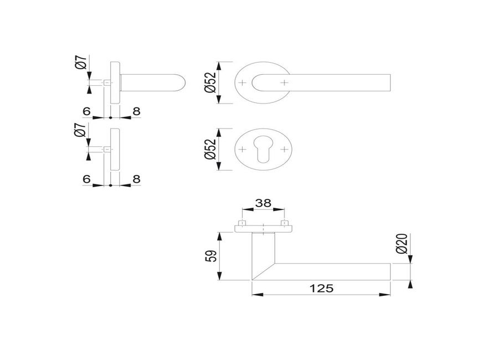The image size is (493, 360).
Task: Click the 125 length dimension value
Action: click(321, 288)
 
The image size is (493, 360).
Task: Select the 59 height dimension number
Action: click(210, 257)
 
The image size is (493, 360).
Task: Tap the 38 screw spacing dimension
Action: click(263, 204)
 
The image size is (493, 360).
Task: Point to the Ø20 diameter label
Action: click(403, 244)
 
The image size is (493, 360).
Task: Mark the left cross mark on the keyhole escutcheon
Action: click(242, 150)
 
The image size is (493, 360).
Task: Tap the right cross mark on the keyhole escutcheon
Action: click(284, 150)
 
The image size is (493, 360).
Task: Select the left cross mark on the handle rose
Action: click(242, 83)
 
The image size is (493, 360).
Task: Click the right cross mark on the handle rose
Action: click(284, 83)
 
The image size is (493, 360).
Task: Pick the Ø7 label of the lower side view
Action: click(81, 132)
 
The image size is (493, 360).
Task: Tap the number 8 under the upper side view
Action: click(136, 111)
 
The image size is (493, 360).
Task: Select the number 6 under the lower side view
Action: click(86, 179)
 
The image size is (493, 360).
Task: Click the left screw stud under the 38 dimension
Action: click(242, 224)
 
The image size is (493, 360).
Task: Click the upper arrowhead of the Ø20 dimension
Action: click(410, 261)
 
